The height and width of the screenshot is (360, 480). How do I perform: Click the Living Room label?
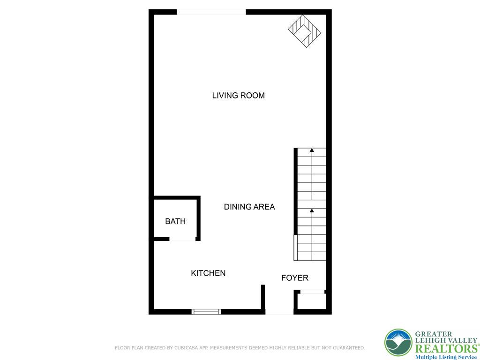coord(238,96)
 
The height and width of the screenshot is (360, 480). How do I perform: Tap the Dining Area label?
coord(249,207)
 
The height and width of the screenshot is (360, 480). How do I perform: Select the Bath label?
coord(175,221)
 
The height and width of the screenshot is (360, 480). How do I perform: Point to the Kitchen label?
coord(208,273)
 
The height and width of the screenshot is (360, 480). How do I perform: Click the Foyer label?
coord(294,278)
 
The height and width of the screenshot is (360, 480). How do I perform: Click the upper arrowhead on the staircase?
coord(312,150)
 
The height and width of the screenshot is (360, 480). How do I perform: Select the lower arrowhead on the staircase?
coord(312,210)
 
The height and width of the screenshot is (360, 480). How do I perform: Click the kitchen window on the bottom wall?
coord(206,311)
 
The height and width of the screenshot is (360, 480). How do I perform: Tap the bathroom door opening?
coord(182,240)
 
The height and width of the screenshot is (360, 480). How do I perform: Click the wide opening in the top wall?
coord(211,12)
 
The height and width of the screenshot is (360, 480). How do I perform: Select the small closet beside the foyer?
coord(312,301)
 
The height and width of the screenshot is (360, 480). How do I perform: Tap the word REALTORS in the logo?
coord(445,348)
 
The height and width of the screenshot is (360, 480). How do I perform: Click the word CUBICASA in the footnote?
coord(185,348)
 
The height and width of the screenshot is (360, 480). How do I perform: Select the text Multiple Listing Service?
coord(445,357)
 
